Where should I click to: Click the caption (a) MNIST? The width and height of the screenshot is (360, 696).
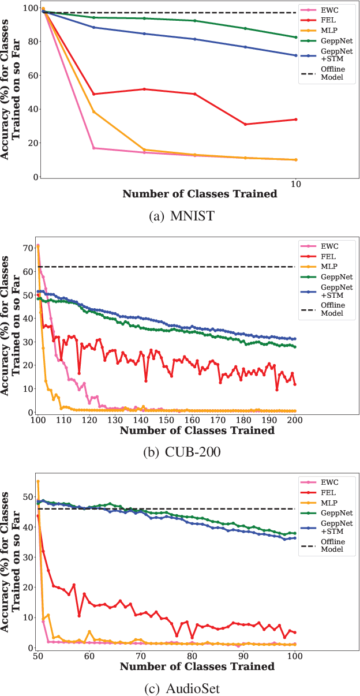tap(179, 216)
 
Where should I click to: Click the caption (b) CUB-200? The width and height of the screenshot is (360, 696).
tap(179, 452)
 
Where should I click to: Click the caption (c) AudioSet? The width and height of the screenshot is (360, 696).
tap(179, 687)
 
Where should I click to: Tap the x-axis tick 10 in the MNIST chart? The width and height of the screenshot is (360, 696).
tap(295, 184)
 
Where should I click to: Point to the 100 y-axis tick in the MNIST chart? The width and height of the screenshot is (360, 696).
tap(28, 8)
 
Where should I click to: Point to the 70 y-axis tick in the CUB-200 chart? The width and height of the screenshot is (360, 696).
tap(28, 248)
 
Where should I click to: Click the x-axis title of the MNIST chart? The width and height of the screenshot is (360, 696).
tap(199, 194)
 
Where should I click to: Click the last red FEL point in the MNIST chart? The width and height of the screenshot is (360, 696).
tap(295, 119)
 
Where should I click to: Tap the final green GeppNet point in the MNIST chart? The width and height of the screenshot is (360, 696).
tap(295, 37)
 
